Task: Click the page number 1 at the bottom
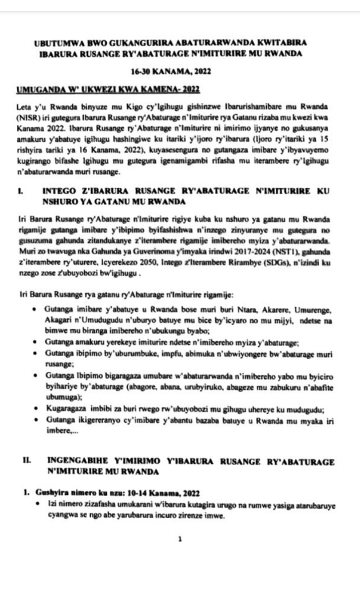179,538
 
